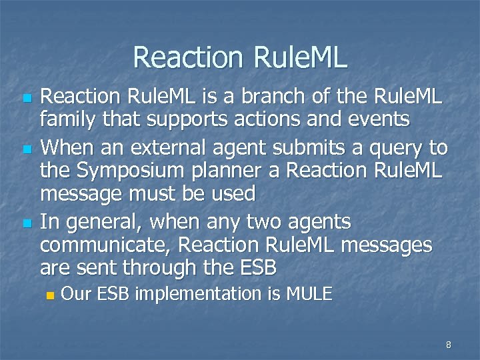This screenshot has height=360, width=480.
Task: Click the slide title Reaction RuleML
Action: pyautogui.click(x=240, y=57)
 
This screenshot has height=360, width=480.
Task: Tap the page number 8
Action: pyautogui.click(x=449, y=345)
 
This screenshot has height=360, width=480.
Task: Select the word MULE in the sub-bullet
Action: pyautogui.click(x=308, y=294)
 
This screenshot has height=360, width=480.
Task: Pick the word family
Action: pyautogui.click(x=67, y=121)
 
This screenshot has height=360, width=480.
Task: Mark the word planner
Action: pyautogui.click(x=239, y=171)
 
